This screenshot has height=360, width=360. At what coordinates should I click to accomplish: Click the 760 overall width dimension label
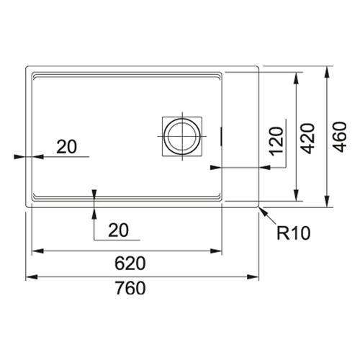point(130,288)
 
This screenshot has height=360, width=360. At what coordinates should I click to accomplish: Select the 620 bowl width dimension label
point(130,264)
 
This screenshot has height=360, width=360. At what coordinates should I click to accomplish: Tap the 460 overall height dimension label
point(341,138)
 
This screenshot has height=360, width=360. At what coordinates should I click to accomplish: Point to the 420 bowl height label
point(307,138)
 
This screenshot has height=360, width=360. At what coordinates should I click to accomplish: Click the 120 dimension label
point(276,142)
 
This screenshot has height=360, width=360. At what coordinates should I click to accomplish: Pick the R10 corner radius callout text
point(294,233)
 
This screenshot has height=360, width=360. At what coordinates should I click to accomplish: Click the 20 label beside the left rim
point(67,147)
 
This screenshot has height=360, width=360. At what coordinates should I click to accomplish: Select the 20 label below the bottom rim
point(118,230)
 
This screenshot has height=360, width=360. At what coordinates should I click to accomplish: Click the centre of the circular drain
point(182,136)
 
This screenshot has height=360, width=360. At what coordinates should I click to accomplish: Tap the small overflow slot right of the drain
point(221,136)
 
